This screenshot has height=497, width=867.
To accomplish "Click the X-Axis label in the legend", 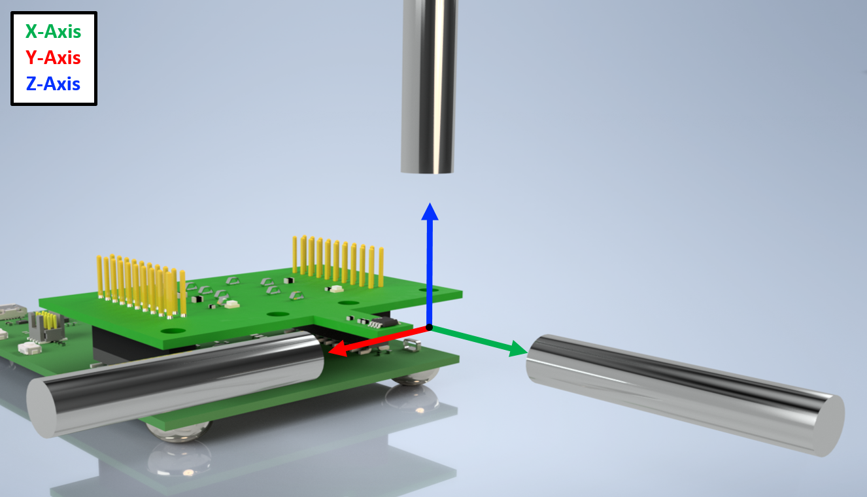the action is [x=53, y=31].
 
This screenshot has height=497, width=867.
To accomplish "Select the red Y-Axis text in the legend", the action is [x=53, y=58].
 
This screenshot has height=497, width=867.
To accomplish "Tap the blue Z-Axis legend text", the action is [x=53, y=84].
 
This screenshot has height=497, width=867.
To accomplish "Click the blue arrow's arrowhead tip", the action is [x=430, y=203].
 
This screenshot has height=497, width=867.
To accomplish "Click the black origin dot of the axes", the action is [x=429, y=328].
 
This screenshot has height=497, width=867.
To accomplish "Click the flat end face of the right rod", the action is [x=828, y=426].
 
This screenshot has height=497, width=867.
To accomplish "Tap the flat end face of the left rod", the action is [x=42, y=408].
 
